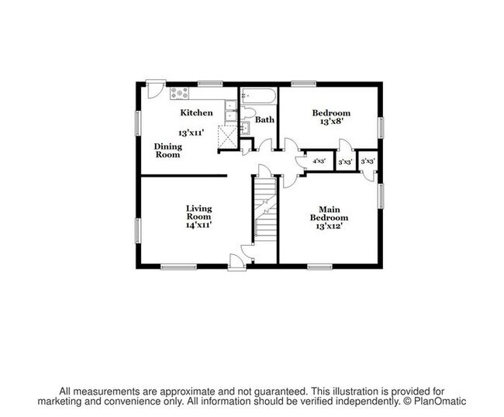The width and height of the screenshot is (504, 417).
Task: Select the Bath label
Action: click(x=265, y=120)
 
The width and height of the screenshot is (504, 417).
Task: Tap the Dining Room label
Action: click(x=167, y=150)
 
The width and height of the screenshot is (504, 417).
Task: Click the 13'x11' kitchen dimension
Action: click(x=191, y=133)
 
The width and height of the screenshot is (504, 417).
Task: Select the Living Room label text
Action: click(x=199, y=212)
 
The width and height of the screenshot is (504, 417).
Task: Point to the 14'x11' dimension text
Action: click(x=199, y=225)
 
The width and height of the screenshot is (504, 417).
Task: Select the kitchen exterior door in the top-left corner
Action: click(x=155, y=89)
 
